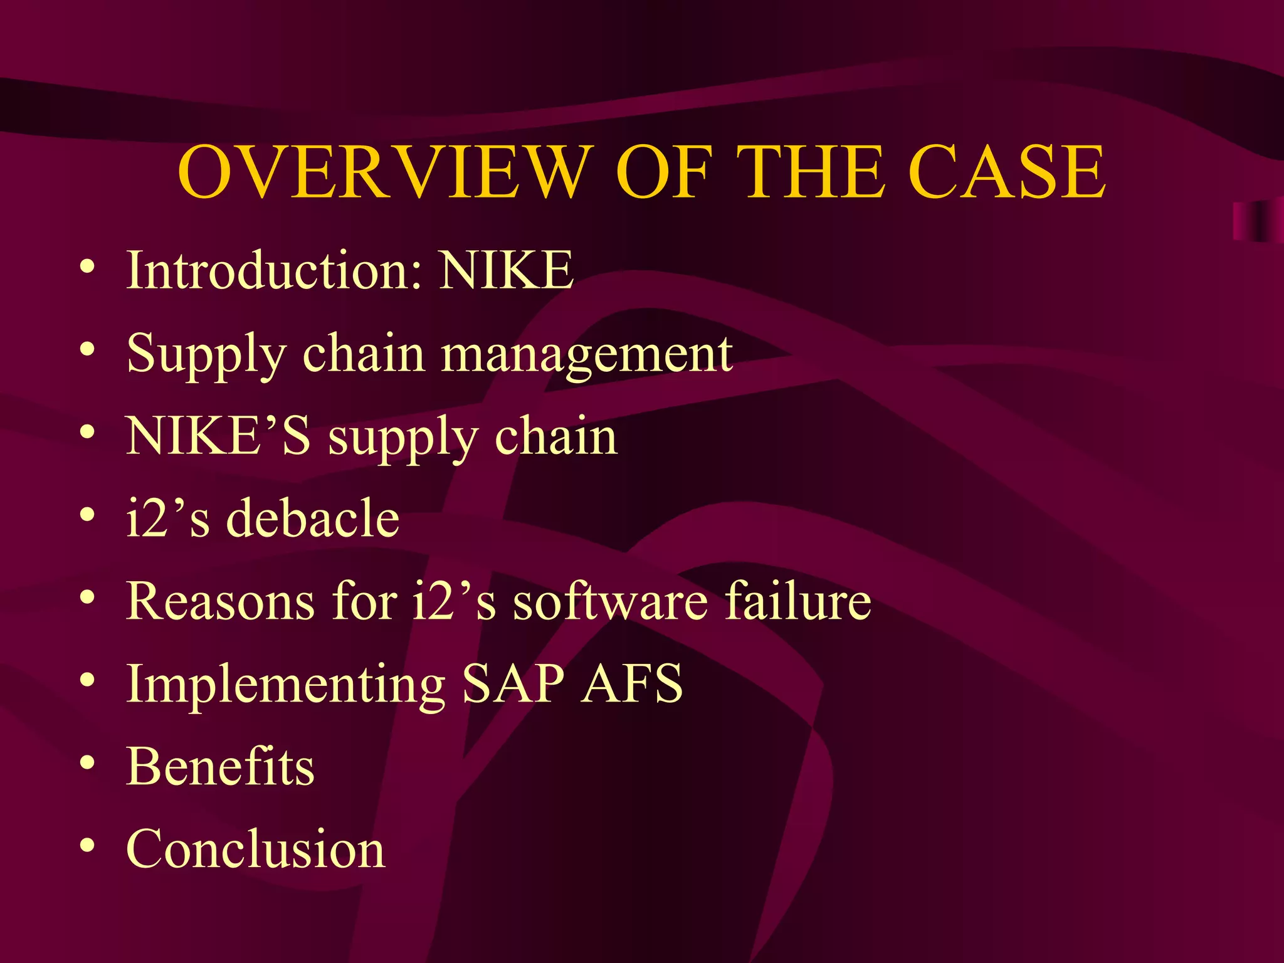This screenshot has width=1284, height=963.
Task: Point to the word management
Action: click(587, 354)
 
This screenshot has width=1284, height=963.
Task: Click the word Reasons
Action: click(220, 601)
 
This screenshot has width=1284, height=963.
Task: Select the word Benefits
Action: click(220, 766)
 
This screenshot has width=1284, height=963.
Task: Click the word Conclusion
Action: click(256, 849)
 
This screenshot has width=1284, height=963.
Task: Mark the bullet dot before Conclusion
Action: click(88, 846)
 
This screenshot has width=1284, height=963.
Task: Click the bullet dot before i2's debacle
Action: click(88, 515)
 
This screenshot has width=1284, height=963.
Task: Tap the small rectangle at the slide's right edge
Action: click(1257, 221)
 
